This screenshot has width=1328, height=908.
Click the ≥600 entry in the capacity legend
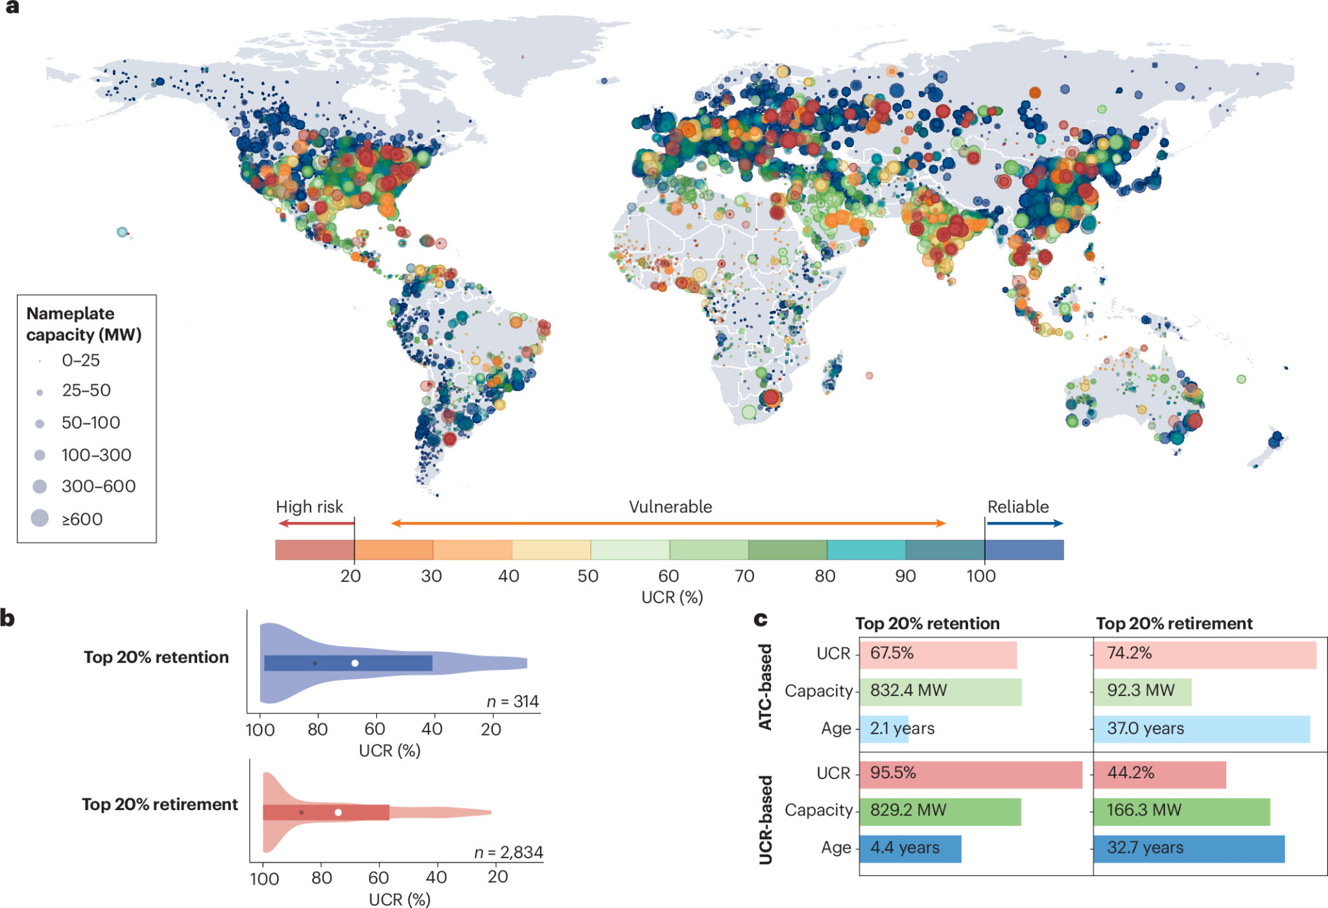pos(82,519)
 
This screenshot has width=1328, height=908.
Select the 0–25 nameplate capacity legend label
pos(80,360)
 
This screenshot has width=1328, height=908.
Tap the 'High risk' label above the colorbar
pos(309,507)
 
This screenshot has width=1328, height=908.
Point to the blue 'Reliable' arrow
pos(1025,523)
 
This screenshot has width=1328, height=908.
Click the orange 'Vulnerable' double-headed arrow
pos(669,523)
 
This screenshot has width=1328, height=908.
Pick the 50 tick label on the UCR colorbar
pos(587,576)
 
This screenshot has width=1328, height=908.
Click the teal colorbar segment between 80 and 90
pos(866,550)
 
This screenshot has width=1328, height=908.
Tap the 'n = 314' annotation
pos(512,701)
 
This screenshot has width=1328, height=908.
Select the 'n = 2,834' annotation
pos(508,852)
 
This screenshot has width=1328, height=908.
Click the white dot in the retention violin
pos(355,663)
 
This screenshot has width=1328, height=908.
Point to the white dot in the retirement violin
pos(338,812)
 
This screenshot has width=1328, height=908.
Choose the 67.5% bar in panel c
pos(938,654)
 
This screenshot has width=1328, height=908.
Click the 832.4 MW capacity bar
pos(940,691)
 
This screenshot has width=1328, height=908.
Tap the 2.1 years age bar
pos(884,728)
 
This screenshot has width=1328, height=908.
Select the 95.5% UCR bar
pos(970,774)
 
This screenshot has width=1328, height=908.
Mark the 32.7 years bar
pos(1189,848)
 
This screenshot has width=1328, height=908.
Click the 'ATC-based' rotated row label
pos(766,687)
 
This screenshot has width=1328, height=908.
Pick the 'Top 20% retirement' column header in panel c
pos(1174,623)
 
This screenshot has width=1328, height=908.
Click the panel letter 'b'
pos(7,618)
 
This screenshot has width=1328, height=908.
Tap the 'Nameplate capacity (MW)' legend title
pos(84,324)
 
